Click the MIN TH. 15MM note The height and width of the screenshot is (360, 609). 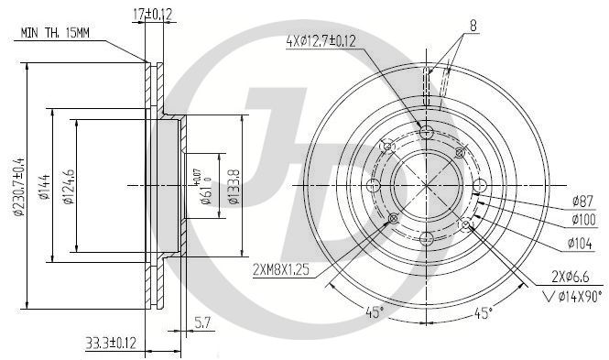tap(55, 33)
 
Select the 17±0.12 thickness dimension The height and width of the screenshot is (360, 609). tap(152, 15)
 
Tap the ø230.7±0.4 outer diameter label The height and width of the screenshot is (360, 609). tap(19, 187)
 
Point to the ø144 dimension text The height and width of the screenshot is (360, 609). tap(45, 187)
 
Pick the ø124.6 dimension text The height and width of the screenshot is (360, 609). tap(69, 187)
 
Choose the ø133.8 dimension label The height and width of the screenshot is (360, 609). tap(234, 187)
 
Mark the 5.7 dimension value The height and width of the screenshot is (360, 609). tap(202, 322)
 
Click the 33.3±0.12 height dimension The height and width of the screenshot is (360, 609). tap(111, 343)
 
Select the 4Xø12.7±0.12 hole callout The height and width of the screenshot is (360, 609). tap(321, 41)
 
